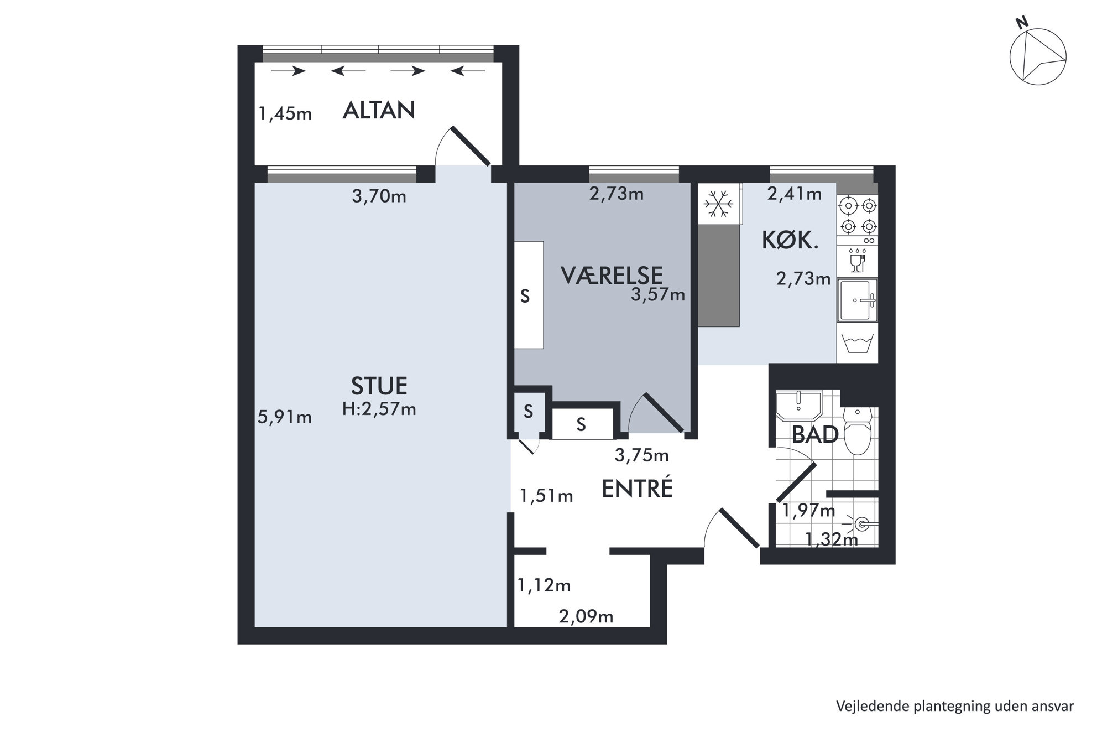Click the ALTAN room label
379,111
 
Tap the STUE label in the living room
379,385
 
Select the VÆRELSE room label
612,275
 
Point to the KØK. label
790,240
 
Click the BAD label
815,435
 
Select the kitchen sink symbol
858,300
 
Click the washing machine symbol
858,343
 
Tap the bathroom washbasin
799,405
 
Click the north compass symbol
1037,57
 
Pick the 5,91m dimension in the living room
285,417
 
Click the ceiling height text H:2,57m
379,409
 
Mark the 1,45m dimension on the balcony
285,113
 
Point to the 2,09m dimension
586,616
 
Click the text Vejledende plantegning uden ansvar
955,707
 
